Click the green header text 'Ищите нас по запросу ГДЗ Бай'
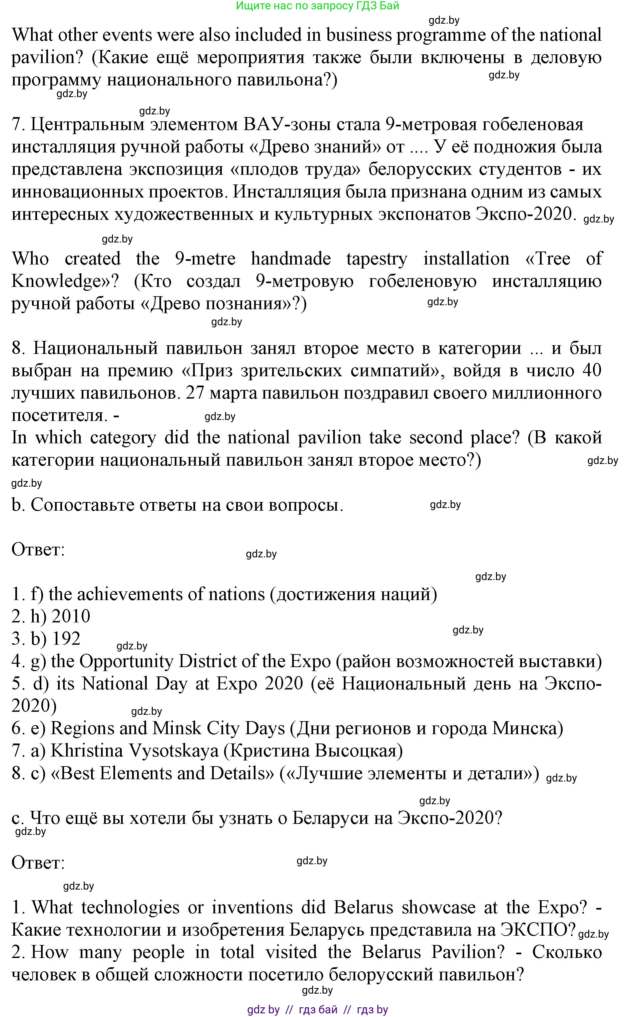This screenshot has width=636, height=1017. point(317,6)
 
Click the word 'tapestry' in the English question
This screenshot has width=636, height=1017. point(377,259)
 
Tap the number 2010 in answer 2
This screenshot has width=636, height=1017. point(71,617)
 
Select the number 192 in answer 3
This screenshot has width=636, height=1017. point(66,639)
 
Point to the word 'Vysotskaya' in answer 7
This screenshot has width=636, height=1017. point(174,751)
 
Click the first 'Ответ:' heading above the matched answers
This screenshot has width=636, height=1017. point(38,550)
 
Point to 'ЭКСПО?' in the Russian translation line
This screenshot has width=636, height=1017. point(537,930)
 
